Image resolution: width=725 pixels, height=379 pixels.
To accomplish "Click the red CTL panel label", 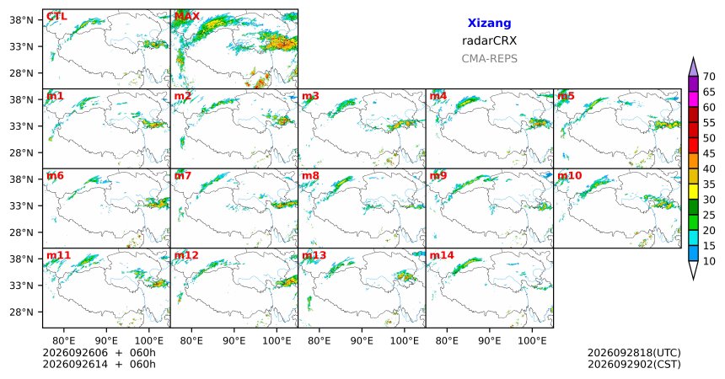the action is point(56,17).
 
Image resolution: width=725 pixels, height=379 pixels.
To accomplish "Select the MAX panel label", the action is point(187,17).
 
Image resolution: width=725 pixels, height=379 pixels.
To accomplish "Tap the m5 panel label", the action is point(566,96).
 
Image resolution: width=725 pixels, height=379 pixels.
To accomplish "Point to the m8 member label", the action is point(310,176).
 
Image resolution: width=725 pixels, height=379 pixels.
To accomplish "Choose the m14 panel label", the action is point(442,255).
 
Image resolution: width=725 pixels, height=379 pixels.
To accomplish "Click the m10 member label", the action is point(570,176).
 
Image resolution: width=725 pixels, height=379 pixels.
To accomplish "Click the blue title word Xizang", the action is point(489,23).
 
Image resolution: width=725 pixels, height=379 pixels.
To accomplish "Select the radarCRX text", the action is point(489,40).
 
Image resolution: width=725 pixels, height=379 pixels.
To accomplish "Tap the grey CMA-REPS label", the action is point(489,59).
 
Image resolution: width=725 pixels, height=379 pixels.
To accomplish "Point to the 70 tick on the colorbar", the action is point(709,77).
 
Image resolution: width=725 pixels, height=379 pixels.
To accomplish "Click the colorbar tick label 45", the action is point(709,153).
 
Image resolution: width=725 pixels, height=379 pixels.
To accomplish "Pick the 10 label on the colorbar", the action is point(709,261).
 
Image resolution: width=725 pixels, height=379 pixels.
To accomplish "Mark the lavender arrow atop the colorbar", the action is point(693,68).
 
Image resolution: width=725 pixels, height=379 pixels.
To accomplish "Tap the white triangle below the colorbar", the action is point(693,270).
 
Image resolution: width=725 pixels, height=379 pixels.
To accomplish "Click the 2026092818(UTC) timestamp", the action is point(634,353).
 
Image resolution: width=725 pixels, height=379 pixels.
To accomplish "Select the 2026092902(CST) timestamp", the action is point(634,364).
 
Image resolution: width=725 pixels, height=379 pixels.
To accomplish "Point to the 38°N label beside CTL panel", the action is point(22,20).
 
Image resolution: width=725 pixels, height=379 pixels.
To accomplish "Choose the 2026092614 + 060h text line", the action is point(99,364).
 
